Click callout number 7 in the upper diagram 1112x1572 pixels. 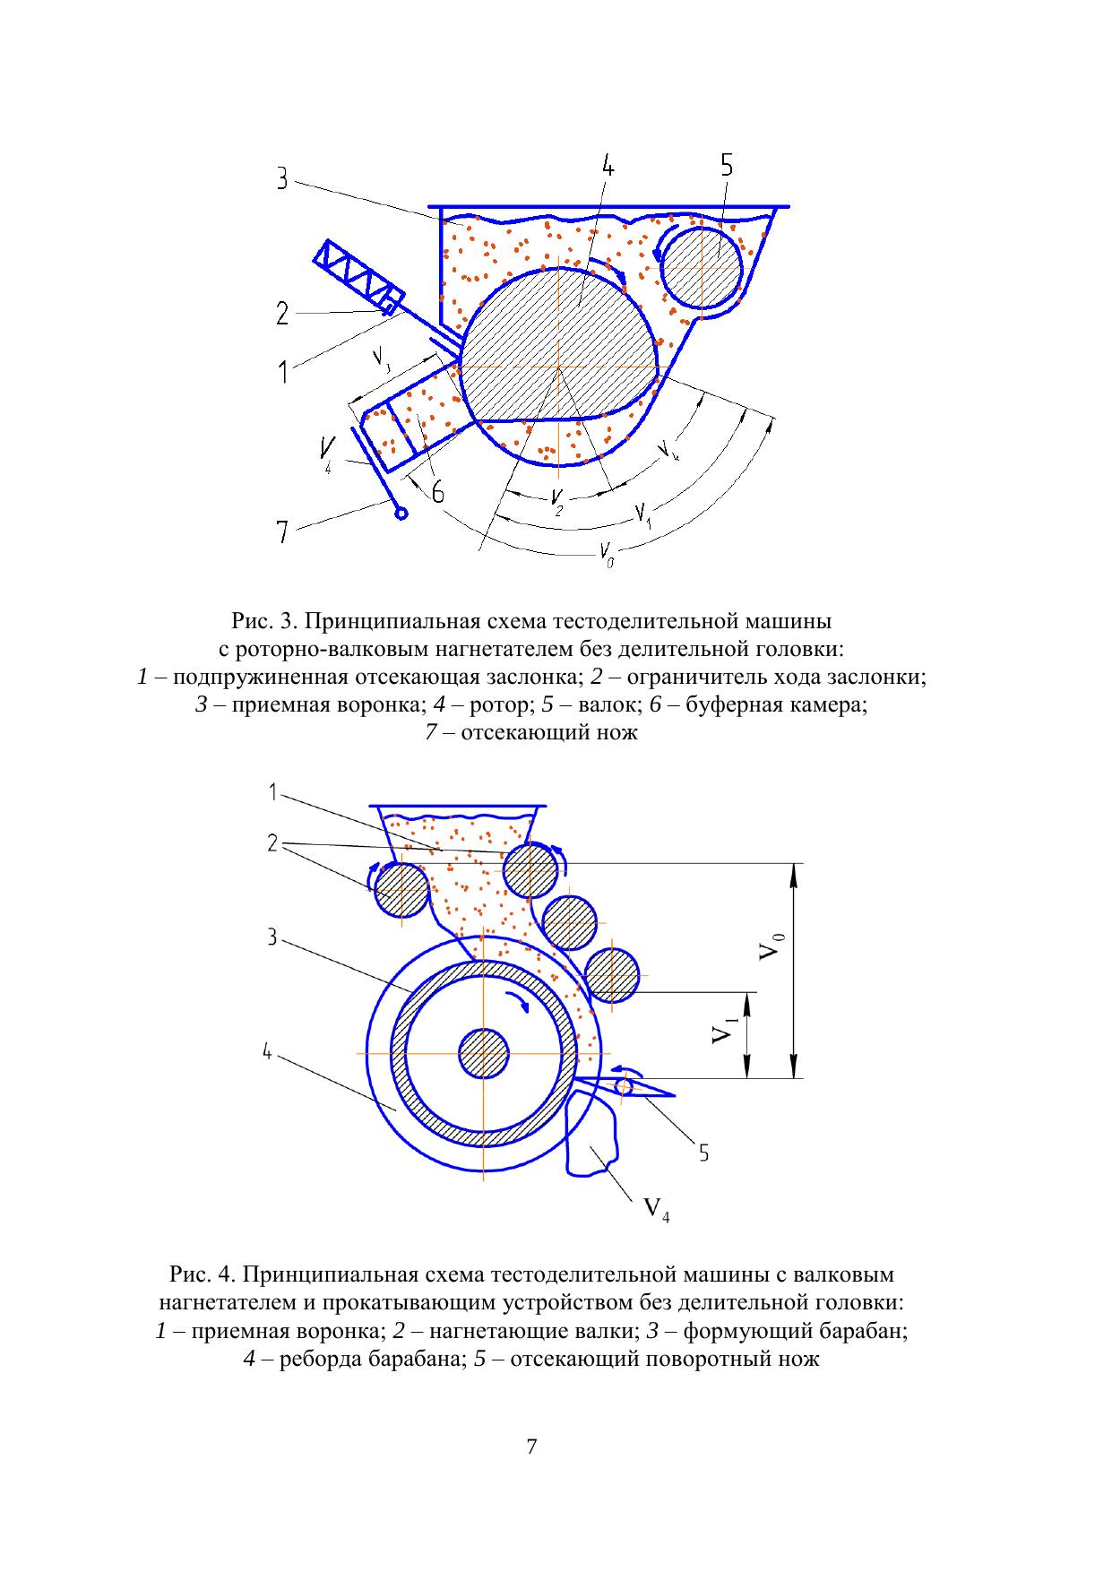tap(282, 532)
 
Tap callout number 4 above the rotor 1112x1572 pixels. tap(607, 168)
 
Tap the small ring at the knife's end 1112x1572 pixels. tap(401, 514)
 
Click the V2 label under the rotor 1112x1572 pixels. tap(557, 502)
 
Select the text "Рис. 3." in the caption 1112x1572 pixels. tap(258, 620)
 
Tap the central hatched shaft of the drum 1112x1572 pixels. tap(484, 1053)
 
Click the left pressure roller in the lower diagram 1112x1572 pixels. tap(401, 891)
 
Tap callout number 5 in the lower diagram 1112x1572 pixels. tap(704, 1153)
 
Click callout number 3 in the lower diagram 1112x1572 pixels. tap(272, 937)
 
